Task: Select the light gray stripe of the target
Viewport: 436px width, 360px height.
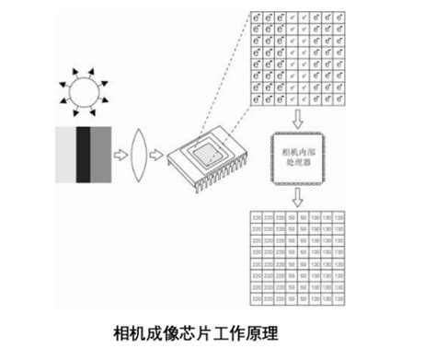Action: tap(64, 154)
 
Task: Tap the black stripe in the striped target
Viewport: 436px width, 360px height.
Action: tap(84, 154)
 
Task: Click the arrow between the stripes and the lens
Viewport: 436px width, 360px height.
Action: tap(120, 154)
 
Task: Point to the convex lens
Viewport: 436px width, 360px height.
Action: tap(142, 154)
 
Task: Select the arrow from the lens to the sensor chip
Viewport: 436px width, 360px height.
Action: tap(160, 154)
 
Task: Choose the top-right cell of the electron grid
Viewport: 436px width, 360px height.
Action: tap(340, 17)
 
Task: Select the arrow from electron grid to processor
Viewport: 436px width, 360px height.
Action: tap(298, 117)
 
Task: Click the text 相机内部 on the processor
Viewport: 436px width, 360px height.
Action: tap(297, 147)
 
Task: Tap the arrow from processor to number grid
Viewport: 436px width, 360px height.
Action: tap(298, 199)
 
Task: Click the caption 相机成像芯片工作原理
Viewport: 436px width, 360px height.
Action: tap(194, 332)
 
